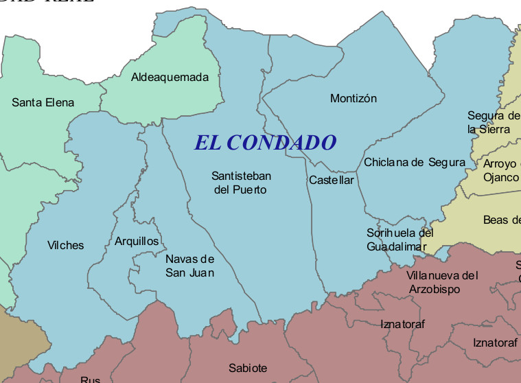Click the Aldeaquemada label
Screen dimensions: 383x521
tap(170, 77)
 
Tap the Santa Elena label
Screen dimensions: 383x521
tap(43, 103)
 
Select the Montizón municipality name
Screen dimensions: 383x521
tap(353, 99)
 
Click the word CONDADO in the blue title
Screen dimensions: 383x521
tap(281, 143)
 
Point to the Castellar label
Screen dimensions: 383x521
tap(331, 181)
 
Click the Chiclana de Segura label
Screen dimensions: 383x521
tap(414, 163)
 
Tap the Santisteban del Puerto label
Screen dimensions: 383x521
tap(241, 183)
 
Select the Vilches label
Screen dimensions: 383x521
tap(65, 245)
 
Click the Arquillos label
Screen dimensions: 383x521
tap(137, 241)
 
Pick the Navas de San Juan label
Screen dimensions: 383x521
tap(189, 266)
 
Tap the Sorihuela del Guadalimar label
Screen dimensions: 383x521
tap(400, 240)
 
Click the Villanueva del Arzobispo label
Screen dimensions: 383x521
tap(441, 282)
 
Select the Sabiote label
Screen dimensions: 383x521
tap(248, 368)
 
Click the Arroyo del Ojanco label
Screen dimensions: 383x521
tap(500, 170)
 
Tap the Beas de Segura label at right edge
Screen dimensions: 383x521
tap(501, 220)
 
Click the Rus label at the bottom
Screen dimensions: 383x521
tap(90, 380)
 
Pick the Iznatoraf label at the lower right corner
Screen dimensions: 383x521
tap(494, 342)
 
